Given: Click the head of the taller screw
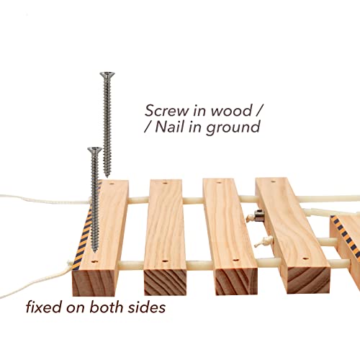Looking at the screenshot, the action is point(107,75).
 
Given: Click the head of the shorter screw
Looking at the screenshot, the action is point(95,150).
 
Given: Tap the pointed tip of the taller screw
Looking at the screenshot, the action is point(107,176).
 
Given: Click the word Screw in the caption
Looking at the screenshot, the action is point(167,111).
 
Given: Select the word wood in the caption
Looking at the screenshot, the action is point(231,111).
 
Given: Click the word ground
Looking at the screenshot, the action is point(233,127).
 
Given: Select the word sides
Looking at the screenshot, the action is point(147,307).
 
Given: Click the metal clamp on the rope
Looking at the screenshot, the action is point(258,215).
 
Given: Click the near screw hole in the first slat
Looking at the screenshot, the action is point(95,261).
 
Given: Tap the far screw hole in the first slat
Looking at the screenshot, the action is point(112,184).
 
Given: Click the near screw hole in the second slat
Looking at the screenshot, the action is point(164,261).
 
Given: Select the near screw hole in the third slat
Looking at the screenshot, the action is point(235,260).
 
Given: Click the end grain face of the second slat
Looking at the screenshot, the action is point(165,282).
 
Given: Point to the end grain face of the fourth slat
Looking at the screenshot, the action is point(308,280).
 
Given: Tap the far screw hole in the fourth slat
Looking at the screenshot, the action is point(273,181).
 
